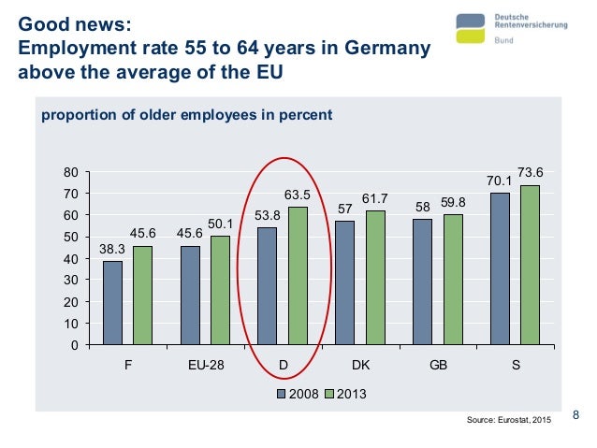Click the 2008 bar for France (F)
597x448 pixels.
112,303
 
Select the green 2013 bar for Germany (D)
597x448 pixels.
298,276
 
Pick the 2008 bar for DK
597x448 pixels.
344,283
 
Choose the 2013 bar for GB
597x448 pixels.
453,280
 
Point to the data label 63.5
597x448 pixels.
298,195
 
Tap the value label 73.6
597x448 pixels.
531,172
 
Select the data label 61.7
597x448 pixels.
375,198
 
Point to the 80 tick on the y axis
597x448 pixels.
69,172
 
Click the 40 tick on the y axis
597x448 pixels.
69,259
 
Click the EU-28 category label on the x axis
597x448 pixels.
205,366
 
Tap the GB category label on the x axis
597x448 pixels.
438,366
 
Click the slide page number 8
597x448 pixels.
575,416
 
